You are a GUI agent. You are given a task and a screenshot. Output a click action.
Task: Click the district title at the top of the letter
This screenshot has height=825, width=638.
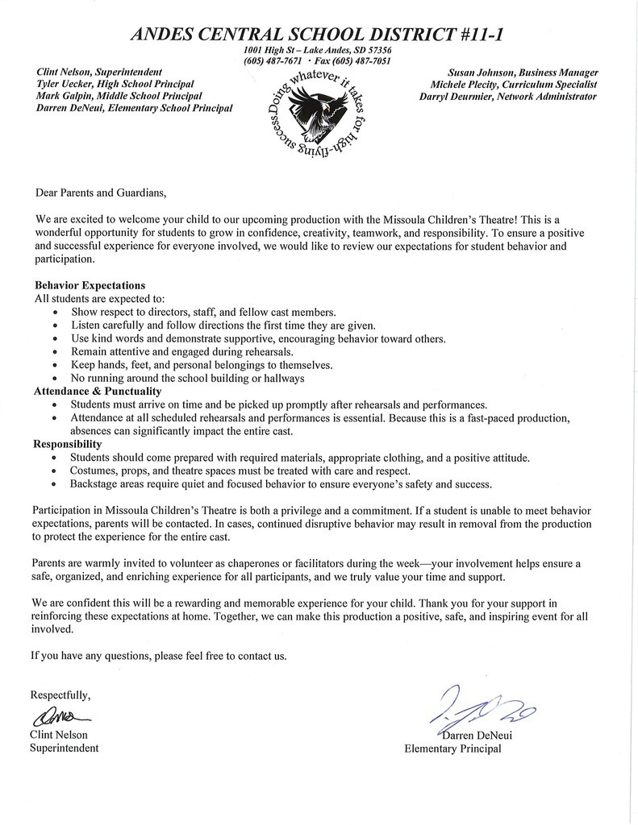319,35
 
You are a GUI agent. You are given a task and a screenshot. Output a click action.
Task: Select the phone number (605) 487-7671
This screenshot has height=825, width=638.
273,61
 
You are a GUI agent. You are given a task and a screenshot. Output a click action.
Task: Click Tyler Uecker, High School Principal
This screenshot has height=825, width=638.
115,84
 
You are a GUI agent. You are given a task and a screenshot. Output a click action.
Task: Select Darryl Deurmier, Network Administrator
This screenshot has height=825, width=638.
508,97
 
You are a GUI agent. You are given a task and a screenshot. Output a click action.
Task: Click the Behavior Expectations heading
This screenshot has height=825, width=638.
90,285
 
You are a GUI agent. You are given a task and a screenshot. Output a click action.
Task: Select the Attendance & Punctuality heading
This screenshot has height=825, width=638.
96,391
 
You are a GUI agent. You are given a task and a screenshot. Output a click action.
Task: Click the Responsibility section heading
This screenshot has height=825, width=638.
67,444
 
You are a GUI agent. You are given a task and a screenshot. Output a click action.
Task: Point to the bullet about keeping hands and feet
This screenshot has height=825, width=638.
201,365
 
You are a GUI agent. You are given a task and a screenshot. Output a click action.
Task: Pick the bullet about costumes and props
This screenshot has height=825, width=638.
240,471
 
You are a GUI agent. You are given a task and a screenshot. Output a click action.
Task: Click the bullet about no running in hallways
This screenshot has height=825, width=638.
187,378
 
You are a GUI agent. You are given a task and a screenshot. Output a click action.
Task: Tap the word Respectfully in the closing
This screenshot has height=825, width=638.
60,694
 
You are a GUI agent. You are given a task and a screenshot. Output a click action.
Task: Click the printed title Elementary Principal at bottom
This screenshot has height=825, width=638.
452,748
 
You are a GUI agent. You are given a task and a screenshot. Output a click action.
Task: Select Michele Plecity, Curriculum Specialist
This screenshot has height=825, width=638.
513,85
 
